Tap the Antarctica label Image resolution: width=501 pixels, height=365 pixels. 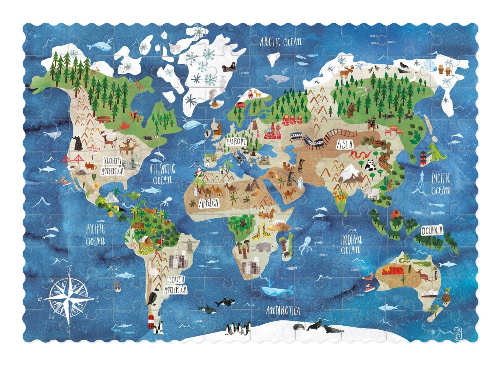[x=283, y=311]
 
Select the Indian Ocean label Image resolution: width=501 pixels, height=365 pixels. [x=351, y=244]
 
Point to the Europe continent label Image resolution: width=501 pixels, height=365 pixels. [x=236, y=141]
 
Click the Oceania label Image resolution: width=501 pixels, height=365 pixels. [x=432, y=231]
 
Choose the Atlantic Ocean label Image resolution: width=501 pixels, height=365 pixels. [x=162, y=174]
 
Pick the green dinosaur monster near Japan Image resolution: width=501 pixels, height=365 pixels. [x=436, y=152]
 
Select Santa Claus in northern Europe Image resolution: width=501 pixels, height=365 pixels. [x=250, y=94]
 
